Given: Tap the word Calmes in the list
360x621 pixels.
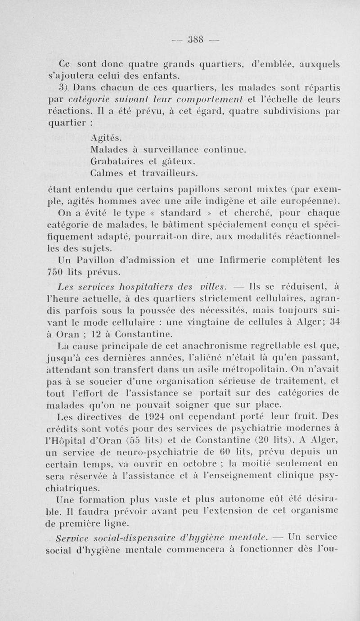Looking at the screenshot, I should click(107, 173).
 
